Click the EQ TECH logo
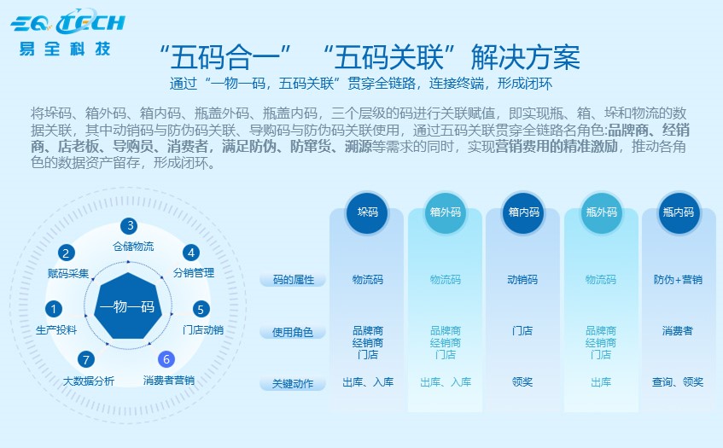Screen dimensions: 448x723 [67, 21]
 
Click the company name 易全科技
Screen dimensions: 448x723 [66, 48]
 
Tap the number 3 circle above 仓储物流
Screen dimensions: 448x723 [130, 226]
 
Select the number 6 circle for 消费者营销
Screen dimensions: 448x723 [167, 359]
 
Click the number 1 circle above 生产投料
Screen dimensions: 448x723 [54, 309]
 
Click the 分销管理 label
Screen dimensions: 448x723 [193, 273]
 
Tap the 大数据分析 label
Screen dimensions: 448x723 [89, 381]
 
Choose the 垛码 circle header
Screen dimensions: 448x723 [367, 212]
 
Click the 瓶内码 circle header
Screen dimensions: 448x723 [679, 212]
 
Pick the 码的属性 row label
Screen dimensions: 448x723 [293, 280]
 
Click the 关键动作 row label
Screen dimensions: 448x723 [293, 384]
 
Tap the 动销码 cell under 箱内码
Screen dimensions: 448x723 [522, 279]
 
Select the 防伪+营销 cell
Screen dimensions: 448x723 [679, 279]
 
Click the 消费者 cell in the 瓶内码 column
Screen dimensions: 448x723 [679, 330]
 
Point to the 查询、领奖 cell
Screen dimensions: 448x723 [679, 382]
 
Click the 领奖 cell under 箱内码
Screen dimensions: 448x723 [522, 382]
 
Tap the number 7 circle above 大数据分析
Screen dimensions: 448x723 [85, 359]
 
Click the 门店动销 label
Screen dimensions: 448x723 [203, 329]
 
